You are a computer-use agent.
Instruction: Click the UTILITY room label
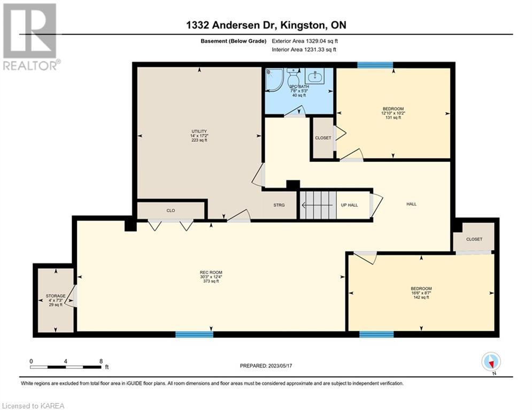coord(199,131)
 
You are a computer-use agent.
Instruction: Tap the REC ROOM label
coord(211,272)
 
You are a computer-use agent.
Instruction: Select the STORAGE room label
coord(56,296)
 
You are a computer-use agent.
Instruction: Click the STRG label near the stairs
coord(279,205)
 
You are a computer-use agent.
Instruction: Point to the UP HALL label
coord(350,205)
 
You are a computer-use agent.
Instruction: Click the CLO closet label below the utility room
coord(171,210)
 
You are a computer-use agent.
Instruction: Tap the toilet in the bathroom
coord(293,77)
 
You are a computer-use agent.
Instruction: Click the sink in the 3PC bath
coord(314,76)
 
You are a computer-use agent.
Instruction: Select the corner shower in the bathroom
coord(274,80)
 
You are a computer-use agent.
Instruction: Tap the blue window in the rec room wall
coord(195,334)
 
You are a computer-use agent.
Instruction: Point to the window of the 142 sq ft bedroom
coord(376,334)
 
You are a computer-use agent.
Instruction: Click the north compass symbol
coord(491,362)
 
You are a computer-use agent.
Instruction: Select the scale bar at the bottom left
coord(65,367)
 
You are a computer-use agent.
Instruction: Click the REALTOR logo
coord(30,37)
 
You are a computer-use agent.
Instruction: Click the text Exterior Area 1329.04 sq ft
coord(305,41)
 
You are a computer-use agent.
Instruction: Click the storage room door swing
coord(72,296)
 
